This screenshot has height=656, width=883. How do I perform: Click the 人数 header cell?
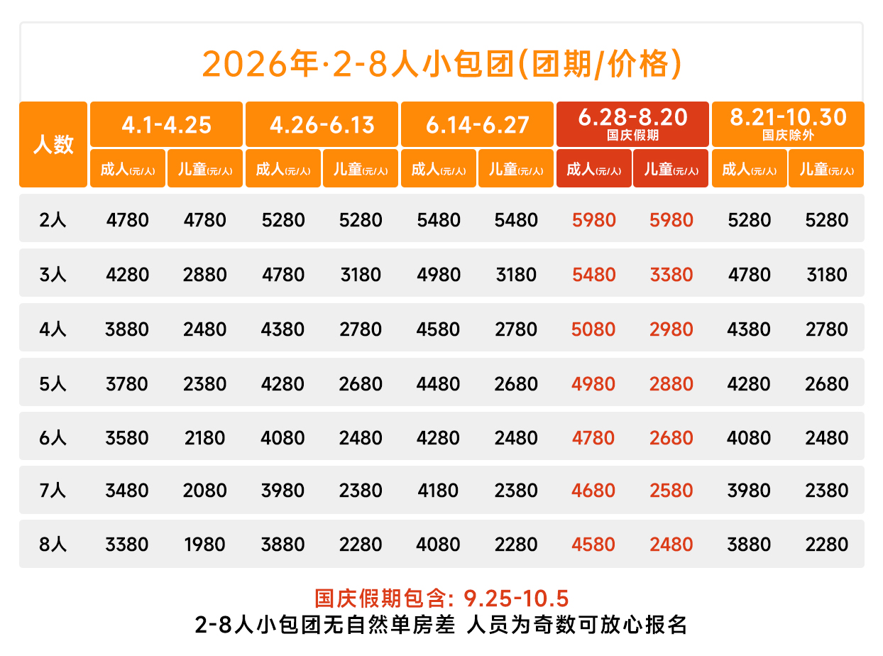pyautogui.click(x=53, y=145)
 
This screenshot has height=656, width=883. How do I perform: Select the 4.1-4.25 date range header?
pyautogui.click(x=166, y=124)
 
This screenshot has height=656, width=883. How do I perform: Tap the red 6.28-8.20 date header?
pyautogui.click(x=632, y=118)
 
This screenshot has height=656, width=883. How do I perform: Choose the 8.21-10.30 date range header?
pyautogui.click(x=788, y=118)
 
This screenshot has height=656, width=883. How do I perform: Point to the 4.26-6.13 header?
pyautogui.click(x=322, y=124)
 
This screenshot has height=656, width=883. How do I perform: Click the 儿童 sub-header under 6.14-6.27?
pyautogui.click(x=516, y=169)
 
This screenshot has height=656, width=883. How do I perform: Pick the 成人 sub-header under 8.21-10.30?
pyautogui.click(x=750, y=169)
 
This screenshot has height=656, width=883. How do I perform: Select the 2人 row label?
pyautogui.click(x=53, y=220)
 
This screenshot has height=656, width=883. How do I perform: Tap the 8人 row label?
pyautogui.click(x=53, y=545)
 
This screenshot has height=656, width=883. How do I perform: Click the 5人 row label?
pyautogui.click(x=53, y=384)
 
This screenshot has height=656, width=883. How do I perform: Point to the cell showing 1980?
pyautogui.click(x=205, y=545)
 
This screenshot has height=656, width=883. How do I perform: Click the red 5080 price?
pyautogui.click(x=594, y=329)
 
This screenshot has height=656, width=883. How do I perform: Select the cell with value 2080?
pyautogui.click(x=205, y=491)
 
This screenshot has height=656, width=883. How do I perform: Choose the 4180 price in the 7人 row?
pyautogui.click(x=439, y=491)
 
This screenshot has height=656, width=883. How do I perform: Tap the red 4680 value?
pyautogui.click(x=594, y=491)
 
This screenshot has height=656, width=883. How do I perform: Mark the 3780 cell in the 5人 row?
pyautogui.click(x=128, y=384)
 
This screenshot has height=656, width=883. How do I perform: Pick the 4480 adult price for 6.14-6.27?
pyautogui.click(x=439, y=384)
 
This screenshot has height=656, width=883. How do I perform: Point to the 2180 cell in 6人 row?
pyautogui.click(x=205, y=438)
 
